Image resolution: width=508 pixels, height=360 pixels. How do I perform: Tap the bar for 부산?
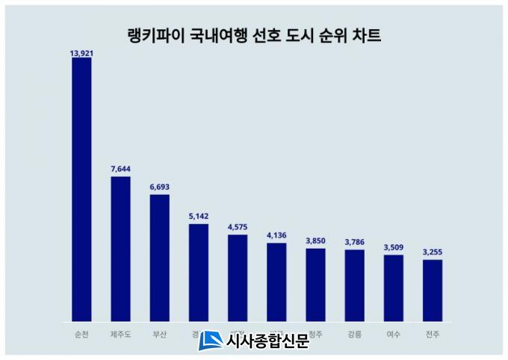coord(160,258)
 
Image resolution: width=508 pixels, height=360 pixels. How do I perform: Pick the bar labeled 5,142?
coord(199,272)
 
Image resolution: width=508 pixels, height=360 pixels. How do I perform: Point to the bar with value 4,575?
coord(238,277)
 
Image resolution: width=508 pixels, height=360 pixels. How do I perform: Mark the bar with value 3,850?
coord(315,285)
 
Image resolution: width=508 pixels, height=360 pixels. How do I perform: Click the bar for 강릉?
coord(355,285)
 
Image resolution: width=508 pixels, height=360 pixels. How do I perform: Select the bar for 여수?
coord(394,288)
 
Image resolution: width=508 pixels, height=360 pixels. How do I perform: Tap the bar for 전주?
coord(433,290)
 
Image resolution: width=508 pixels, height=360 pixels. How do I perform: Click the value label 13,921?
coord(81,53)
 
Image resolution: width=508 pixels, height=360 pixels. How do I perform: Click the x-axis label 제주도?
coord(120,334)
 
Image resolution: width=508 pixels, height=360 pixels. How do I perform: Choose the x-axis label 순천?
coord(81,334)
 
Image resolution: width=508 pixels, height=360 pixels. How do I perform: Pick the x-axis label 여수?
coord(394,334)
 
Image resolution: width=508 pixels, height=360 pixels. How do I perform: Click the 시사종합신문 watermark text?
coord(267,341)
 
